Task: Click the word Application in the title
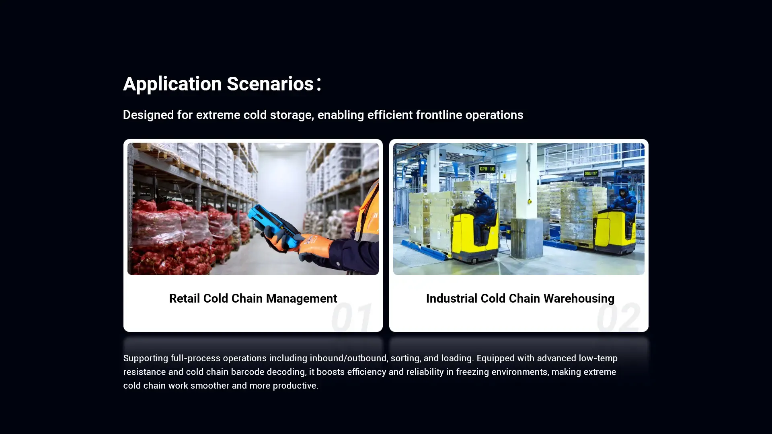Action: (x=172, y=84)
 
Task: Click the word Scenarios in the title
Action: (x=270, y=84)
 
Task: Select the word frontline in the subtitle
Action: (x=439, y=115)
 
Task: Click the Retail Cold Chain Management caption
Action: (x=253, y=299)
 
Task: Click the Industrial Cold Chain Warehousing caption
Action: (x=520, y=299)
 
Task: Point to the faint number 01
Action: (x=351, y=317)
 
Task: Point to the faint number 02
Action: (x=618, y=317)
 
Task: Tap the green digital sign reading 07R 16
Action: (x=487, y=169)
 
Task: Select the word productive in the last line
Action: (x=295, y=386)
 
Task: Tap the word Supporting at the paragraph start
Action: (x=146, y=358)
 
